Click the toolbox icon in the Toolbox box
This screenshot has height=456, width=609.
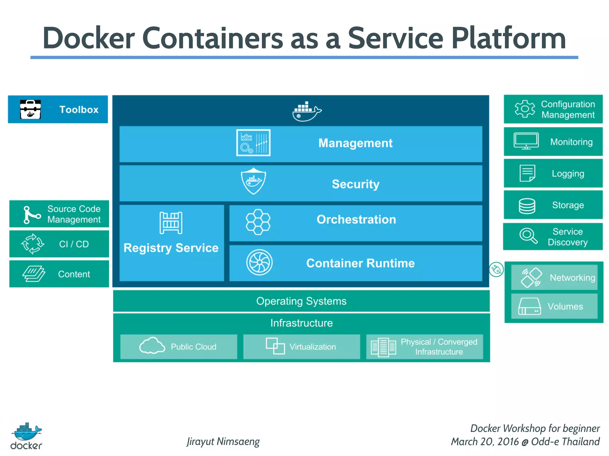tap(30, 109)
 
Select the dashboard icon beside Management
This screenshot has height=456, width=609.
tap(253, 143)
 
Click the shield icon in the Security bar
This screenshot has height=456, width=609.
tap(253, 181)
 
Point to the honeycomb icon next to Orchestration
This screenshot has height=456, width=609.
tap(258, 222)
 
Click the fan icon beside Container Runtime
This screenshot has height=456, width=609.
tap(259, 263)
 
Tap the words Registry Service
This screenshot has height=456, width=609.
tap(171, 248)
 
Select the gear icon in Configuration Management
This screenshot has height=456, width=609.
tap(525, 109)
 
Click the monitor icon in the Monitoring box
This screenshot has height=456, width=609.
tap(526, 141)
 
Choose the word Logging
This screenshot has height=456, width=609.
tap(568, 174)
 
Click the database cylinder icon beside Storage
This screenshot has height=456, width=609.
tap(527, 206)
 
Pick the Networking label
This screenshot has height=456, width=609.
tap(572, 277)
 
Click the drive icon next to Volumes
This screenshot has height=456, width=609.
tap(529, 307)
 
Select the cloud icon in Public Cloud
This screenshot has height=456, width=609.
tap(152, 346)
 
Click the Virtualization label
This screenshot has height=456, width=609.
tap(313, 347)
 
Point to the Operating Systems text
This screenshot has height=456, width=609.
tap(301, 301)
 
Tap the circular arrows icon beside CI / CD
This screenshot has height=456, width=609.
tap(33, 244)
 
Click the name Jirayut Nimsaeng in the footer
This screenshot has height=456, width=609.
tap(223, 441)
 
